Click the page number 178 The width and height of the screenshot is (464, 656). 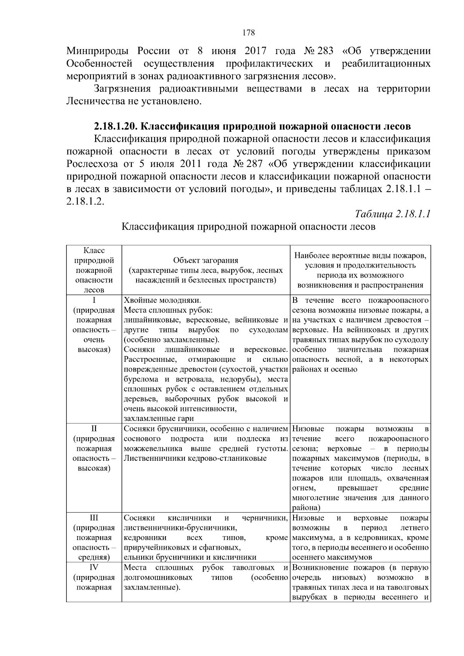(x=249, y=32)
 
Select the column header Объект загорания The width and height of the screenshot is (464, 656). (x=205, y=260)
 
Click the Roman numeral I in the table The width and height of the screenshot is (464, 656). (x=94, y=300)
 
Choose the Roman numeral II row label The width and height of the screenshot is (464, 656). (x=94, y=429)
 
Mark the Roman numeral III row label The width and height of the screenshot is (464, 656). (x=94, y=518)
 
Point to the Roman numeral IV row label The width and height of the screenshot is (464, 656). (x=94, y=567)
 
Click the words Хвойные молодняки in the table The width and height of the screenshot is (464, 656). (x=162, y=300)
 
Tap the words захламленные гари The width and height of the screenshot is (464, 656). (x=159, y=418)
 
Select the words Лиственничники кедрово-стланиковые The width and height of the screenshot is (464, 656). (x=195, y=458)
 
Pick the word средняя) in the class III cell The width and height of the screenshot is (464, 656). (x=94, y=557)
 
